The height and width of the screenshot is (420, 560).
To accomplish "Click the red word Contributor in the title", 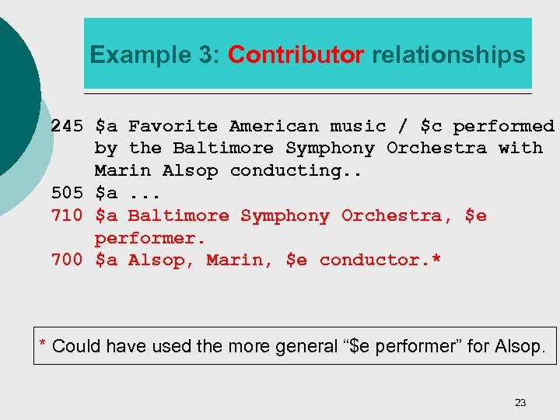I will coord(296,55).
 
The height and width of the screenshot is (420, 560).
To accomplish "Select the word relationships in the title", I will coord(449,55).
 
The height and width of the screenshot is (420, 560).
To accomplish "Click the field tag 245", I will coord(67,126).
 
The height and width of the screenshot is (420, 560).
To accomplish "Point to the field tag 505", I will coord(67,193).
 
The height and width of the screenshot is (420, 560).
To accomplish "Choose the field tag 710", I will coord(67,215).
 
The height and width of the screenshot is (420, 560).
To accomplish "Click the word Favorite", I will coord(173,126).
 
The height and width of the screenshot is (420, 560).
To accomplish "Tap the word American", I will coord(274,126).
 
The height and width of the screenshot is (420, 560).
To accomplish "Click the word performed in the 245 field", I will coord(504,126).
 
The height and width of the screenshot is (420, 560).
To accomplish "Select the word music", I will coord(358,126).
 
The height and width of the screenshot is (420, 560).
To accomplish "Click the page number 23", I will coord(520,402).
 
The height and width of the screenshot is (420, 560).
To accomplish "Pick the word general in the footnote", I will coord(305,346).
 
